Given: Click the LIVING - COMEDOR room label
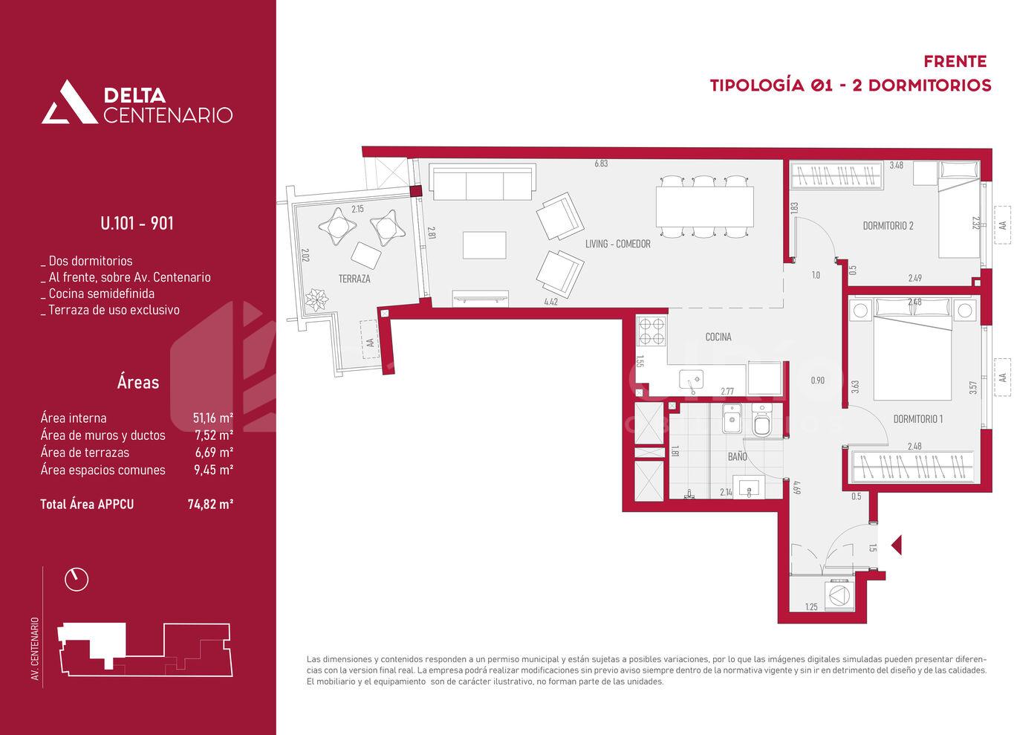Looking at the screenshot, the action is (618, 244).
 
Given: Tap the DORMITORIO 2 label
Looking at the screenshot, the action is (888, 225).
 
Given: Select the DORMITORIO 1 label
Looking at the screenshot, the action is (918, 419).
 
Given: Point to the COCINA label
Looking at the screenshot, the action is (718, 337).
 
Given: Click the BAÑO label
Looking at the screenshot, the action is (738, 456).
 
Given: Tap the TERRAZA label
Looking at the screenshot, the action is (354, 279).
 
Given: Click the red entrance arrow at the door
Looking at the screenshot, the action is (897, 545).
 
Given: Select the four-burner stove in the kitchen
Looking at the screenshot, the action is (651, 331).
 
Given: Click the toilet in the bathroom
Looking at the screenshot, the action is (762, 421).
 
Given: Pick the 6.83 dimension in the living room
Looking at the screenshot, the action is (601, 163).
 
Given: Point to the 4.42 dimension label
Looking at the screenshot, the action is (551, 302).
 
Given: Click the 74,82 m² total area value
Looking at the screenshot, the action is (210, 504).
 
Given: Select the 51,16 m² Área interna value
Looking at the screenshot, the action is (213, 418).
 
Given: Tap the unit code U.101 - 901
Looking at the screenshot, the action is (137, 223).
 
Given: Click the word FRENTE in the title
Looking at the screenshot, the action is (955, 62).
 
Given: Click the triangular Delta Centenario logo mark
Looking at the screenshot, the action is (69, 102).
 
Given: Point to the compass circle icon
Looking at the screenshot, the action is (77, 579).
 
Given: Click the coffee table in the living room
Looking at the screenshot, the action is (484, 245).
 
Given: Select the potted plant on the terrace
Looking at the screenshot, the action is (316, 299).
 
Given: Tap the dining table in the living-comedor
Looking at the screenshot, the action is (705, 207).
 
